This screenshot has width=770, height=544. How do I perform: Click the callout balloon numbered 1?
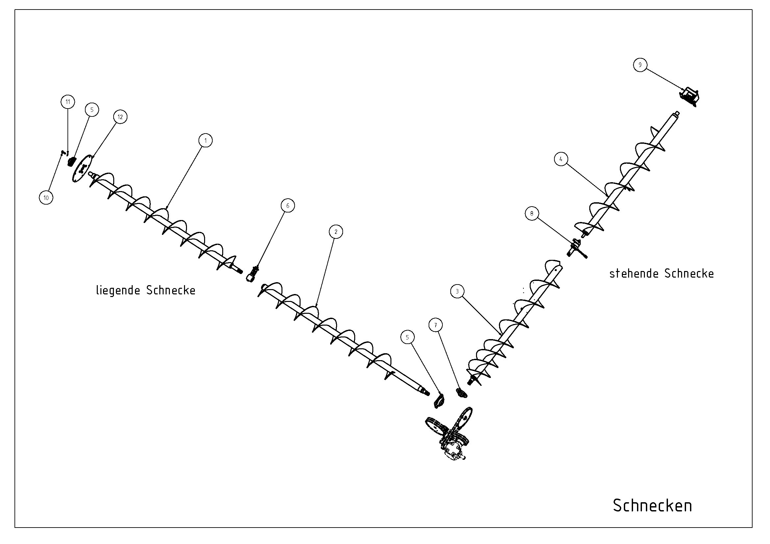205,141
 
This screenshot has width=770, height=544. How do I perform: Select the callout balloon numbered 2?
336,232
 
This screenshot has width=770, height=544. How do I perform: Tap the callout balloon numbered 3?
458,291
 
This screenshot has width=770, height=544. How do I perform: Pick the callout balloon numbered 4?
561,159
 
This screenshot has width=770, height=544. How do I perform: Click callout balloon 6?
288,206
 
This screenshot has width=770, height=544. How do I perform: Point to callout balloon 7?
436,325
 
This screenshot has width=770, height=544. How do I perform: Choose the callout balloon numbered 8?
532,214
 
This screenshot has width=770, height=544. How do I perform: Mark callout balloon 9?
640,65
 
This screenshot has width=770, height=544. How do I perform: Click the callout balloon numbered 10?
46,198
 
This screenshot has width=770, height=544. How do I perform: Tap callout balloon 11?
68,102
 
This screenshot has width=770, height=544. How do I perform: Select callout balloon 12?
120,117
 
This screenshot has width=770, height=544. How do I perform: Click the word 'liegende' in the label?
118,290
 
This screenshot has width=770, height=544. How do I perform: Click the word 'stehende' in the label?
634,274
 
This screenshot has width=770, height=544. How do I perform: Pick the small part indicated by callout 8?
576,248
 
